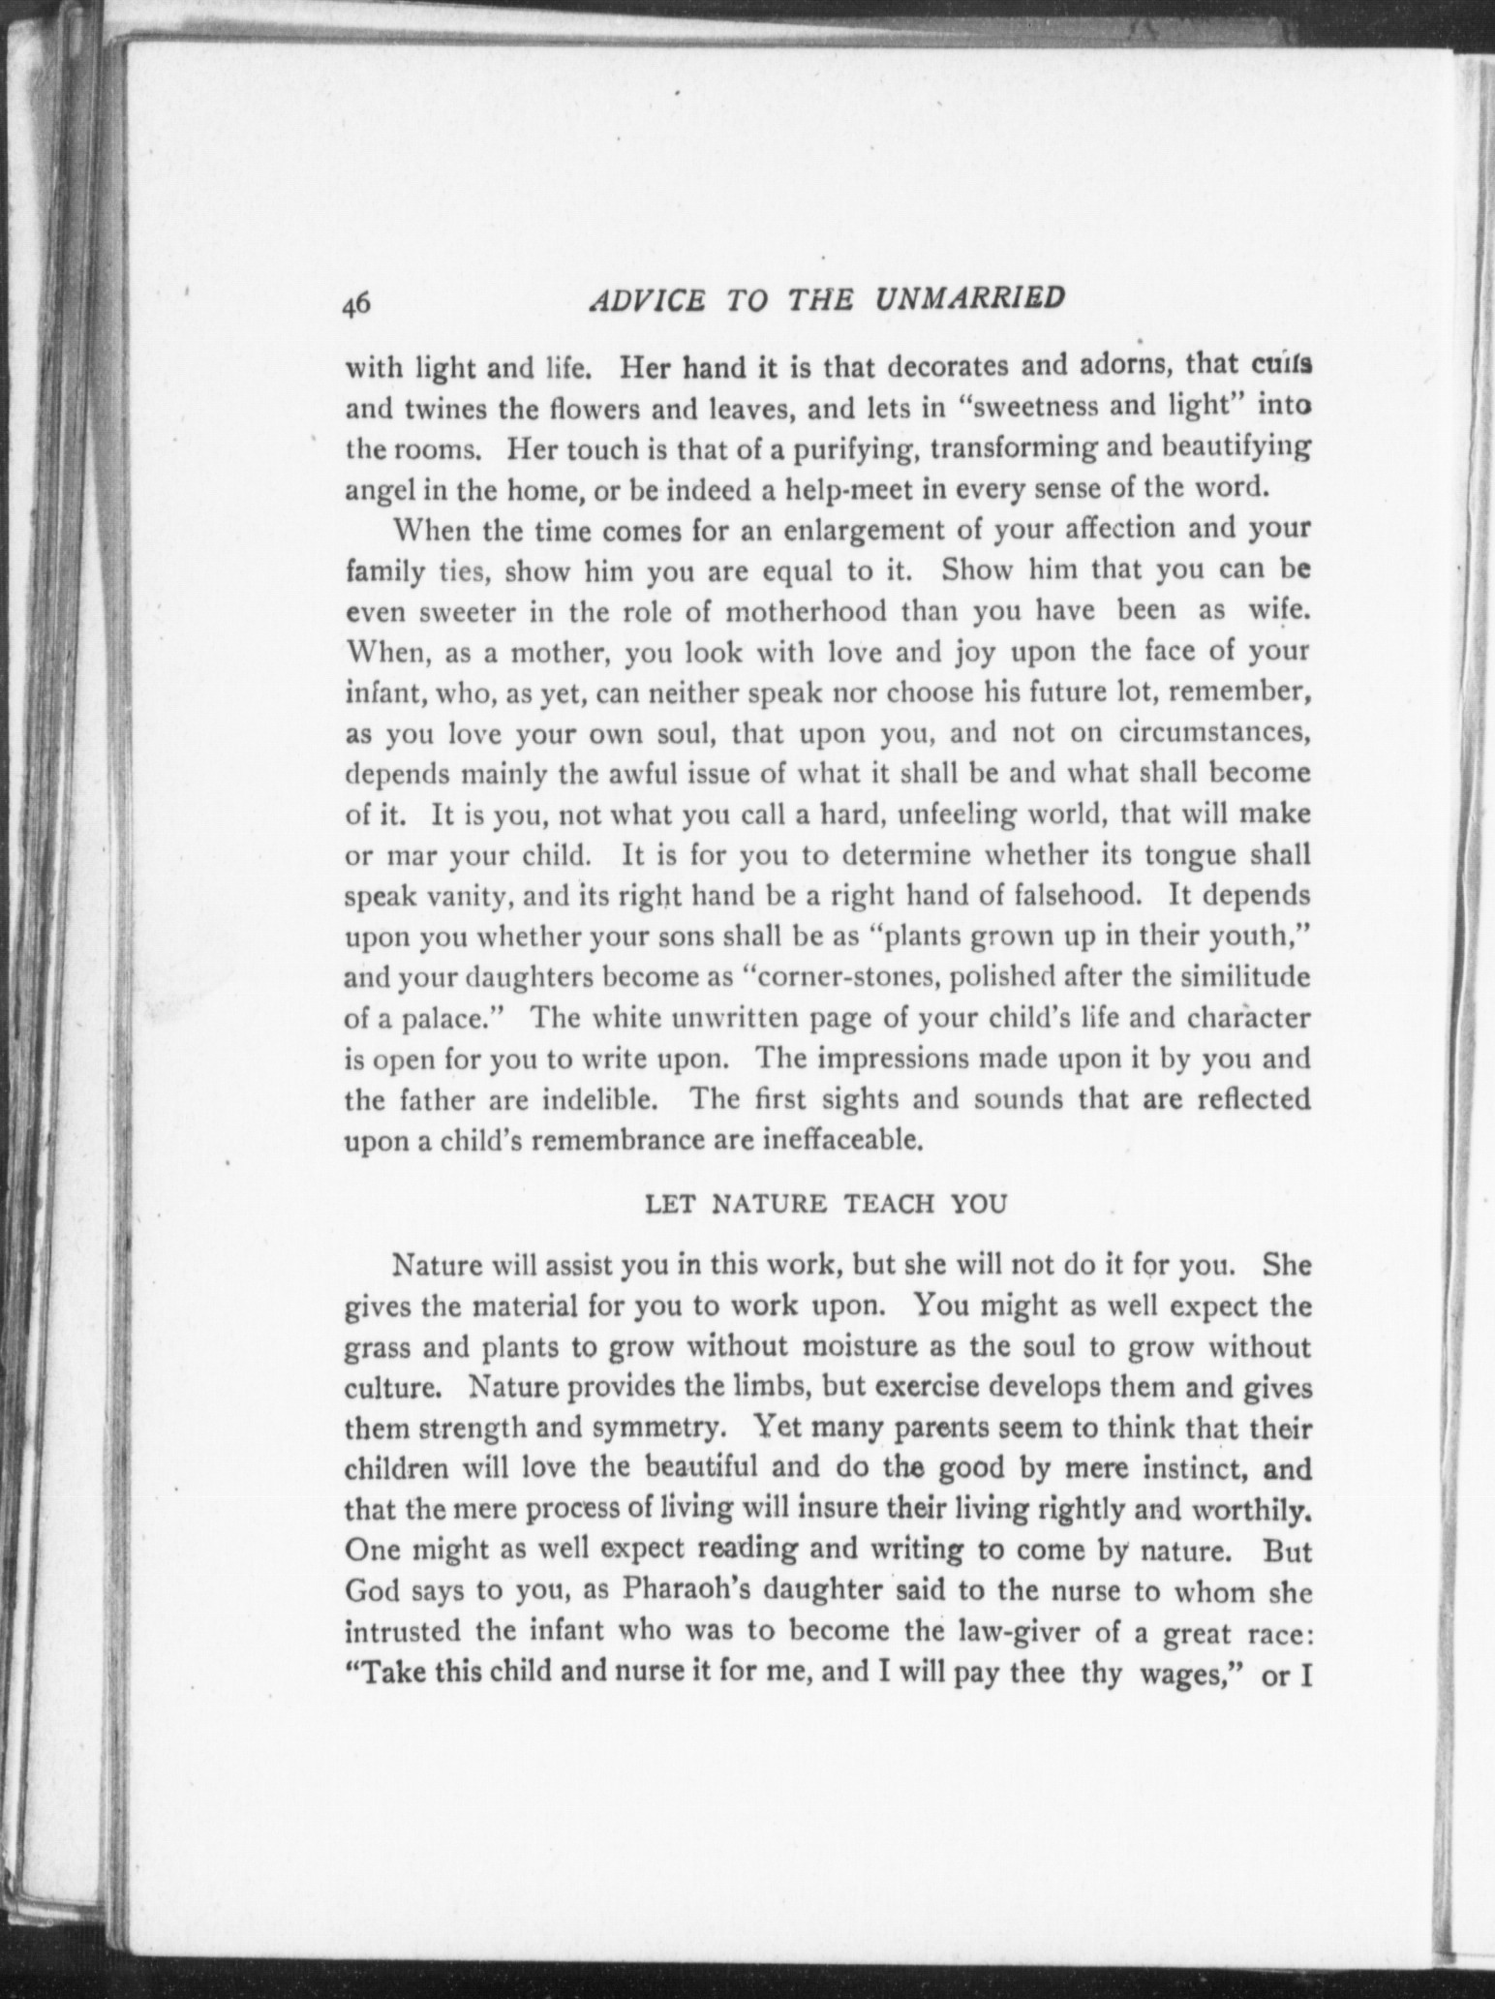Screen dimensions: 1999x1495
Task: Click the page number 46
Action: click(x=355, y=303)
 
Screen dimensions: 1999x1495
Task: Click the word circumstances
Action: click(x=1214, y=733)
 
